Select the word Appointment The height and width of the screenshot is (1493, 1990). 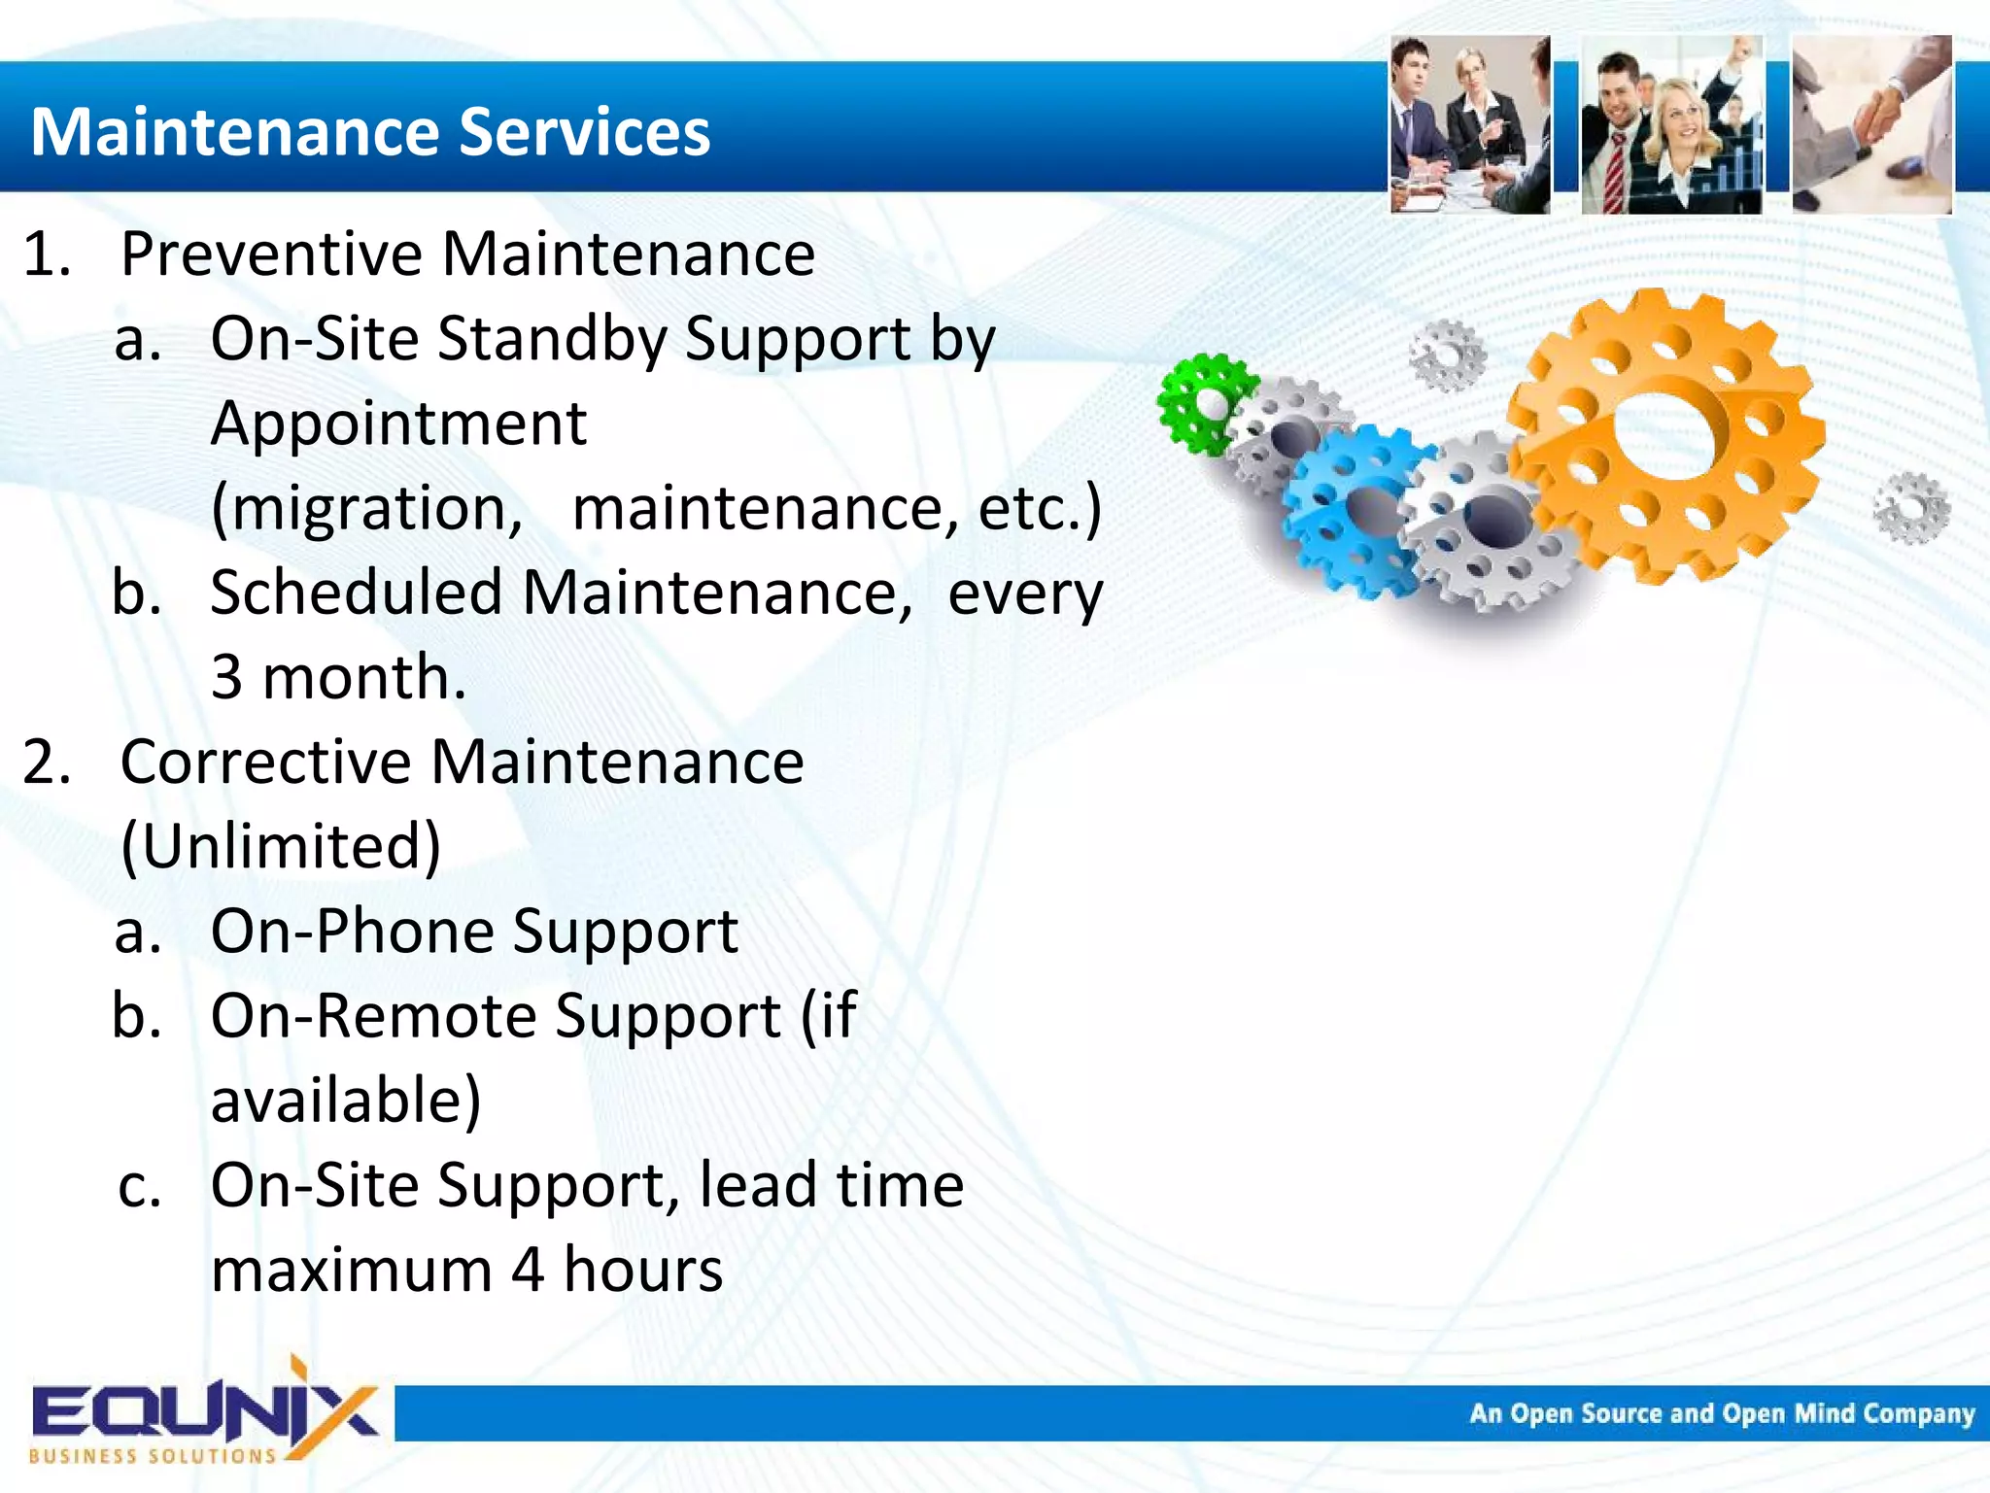pyautogui.click(x=398, y=424)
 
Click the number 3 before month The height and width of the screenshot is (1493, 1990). pyautogui.click(x=226, y=678)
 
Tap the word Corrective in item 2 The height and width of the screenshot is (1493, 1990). pyautogui.click(x=265, y=762)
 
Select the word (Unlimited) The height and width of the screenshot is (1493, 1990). pyautogui.click(x=281, y=846)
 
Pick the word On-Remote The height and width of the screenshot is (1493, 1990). pyautogui.click(x=373, y=1016)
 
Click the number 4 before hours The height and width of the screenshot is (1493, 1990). pyautogui.click(x=527, y=1270)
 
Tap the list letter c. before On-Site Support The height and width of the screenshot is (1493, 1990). pyautogui.click(x=139, y=1187)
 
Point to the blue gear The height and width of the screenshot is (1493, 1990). pyautogui.click(x=1355, y=510)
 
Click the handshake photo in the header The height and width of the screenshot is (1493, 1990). pyautogui.click(x=1871, y=124)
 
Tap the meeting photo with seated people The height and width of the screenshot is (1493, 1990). pyautogui.click(x=1469, y=124)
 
